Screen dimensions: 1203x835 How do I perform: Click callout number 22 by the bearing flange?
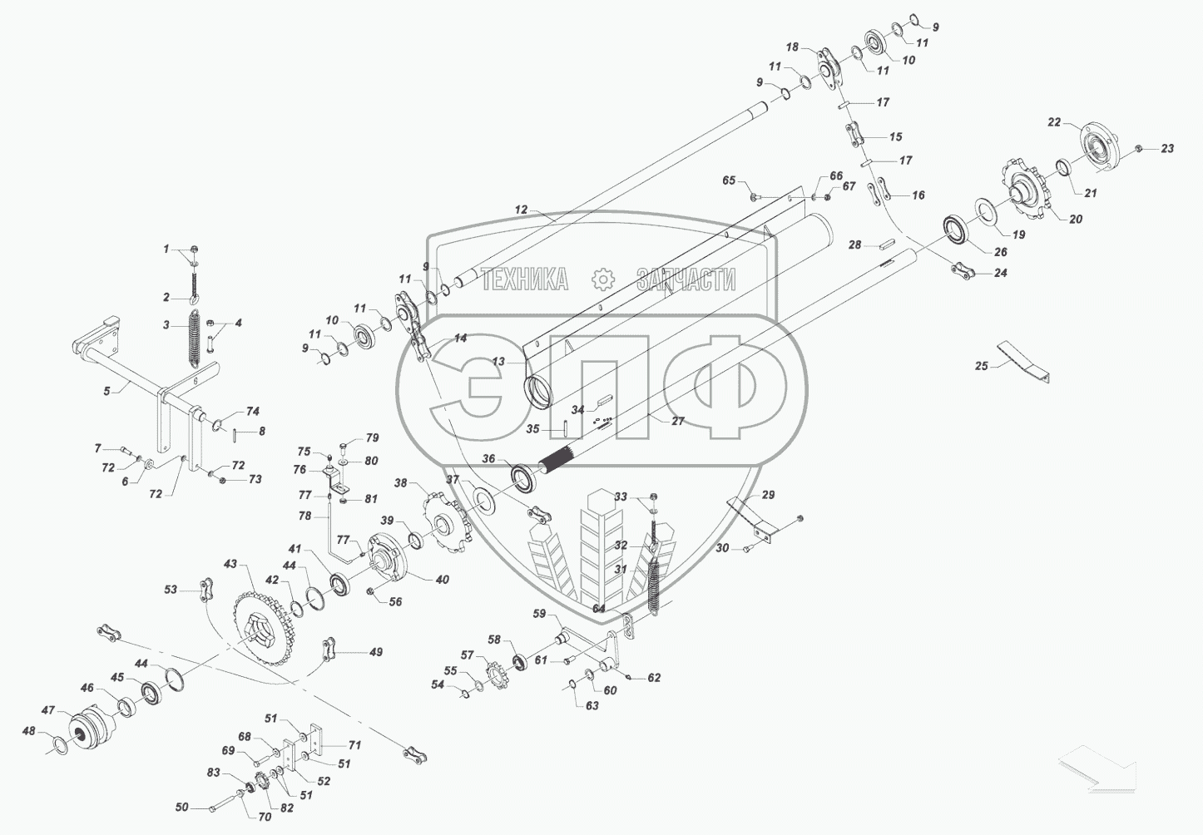[x=1053, y=122]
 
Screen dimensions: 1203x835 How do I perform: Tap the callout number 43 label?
[x=230, y=564]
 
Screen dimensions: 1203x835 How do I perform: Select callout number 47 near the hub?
[x=48, y=710]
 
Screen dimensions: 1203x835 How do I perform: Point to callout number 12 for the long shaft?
[x=521, y=210]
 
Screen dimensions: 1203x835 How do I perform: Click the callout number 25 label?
[x=982, y=365]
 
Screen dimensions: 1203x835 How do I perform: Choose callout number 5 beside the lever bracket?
[x=106, y=390]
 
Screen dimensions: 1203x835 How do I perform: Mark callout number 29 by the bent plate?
[x=768, y=495]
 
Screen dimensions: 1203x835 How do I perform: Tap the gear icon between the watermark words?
[x=602, y=279]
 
